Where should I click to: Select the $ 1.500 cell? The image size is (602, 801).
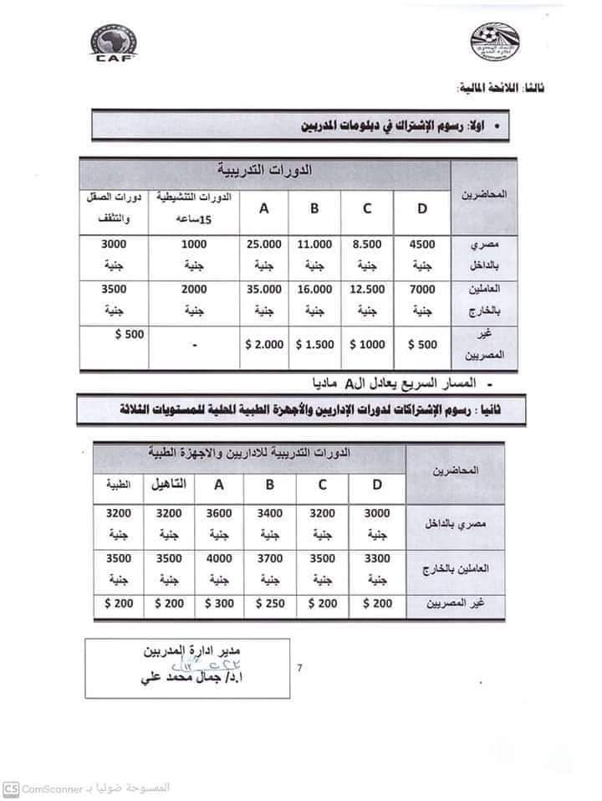click(314, 344)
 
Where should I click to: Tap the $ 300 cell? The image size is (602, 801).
click(218, 602)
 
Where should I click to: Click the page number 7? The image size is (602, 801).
click(300, 667)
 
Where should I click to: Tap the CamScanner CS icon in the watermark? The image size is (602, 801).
click(11, 788)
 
